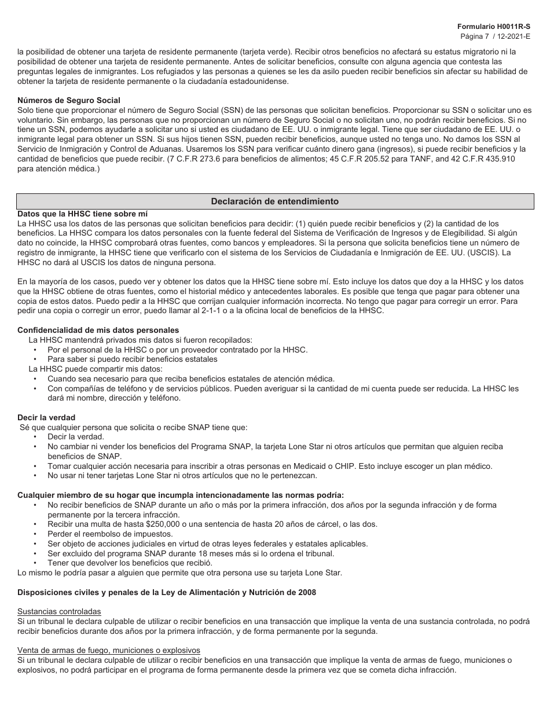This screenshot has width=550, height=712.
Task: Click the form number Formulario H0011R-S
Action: coord(493,27)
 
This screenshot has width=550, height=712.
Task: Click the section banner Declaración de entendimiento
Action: coord(275,201)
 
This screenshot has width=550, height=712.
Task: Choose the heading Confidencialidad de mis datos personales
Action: coord(90,331)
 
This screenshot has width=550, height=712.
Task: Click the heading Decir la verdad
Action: coord(46,417)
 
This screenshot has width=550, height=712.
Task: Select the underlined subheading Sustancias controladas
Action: coord(59,611)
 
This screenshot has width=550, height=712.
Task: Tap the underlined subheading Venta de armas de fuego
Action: coord(109,650)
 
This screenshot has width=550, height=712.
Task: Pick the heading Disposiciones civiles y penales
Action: coord(167,592)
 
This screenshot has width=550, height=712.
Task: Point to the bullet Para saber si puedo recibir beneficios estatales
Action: coord(133,359)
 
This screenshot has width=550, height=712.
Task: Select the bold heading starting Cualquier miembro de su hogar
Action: coord(181,495)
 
